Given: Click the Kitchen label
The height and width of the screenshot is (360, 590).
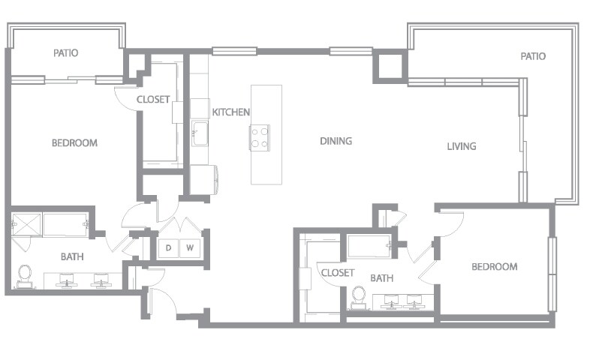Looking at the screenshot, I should click(x=230, y=112).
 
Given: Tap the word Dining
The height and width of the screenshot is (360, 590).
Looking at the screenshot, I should click(x=336, y=141).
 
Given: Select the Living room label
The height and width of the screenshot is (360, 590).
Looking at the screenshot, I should click(x=461, y=146).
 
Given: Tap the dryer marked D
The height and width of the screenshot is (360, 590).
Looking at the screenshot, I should click(x=169, y=248).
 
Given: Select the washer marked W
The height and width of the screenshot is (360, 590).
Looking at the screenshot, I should click(x=190, y=248).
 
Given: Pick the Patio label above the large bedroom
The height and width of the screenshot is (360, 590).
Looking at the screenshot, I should click(x=66, y=53).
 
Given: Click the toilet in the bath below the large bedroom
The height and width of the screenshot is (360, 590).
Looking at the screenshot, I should click(x=26, y=274).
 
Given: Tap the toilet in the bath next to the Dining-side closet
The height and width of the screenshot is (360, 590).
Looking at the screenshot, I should click(x=359, y=297).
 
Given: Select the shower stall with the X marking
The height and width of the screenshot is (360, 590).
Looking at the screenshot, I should click(x=26, y=224).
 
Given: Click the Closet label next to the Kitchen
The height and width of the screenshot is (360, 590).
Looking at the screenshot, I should click(x=152, y=100).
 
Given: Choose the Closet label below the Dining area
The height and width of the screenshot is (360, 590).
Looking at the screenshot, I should click(x=337, y=273).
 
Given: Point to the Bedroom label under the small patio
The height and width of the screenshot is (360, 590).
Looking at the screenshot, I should click(x=74, y=143).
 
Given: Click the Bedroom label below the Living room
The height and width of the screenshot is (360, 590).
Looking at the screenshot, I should click(x=494, y=266).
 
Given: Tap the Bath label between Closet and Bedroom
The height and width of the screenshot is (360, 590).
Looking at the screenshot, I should click(x=382, y=278).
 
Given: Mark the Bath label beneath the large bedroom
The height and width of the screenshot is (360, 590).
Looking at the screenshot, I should click(x=72, y=256).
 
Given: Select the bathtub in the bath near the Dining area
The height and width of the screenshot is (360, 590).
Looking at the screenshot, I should click(x=368, y=245).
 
